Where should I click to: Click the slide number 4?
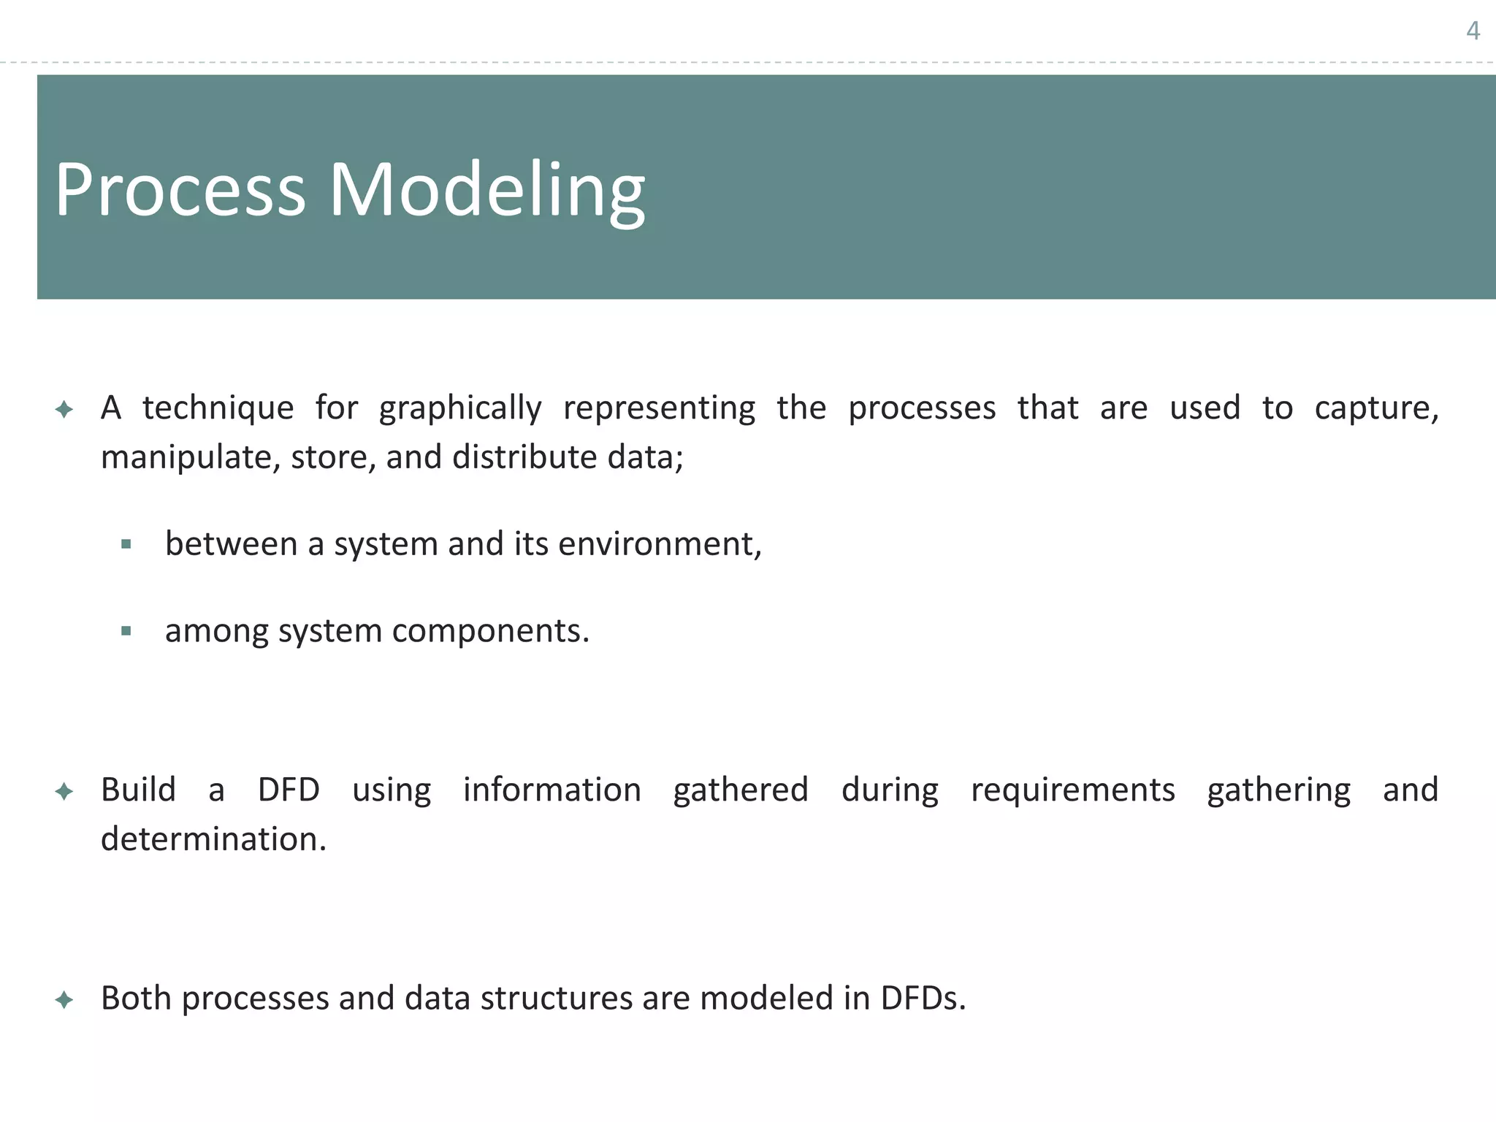1473,31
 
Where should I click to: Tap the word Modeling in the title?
486,191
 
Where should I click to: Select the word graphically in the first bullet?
460,408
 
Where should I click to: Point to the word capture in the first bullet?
1376,408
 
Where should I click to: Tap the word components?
490,632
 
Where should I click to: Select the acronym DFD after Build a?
289,790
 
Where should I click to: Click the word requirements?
1072,790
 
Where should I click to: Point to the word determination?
213,839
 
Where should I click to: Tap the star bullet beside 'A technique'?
64,409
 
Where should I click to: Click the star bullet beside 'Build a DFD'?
64,791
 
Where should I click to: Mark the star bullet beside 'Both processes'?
64,999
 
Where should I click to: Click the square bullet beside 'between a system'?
126,544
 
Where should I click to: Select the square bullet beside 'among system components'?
126,631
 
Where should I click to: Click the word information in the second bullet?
552,790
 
